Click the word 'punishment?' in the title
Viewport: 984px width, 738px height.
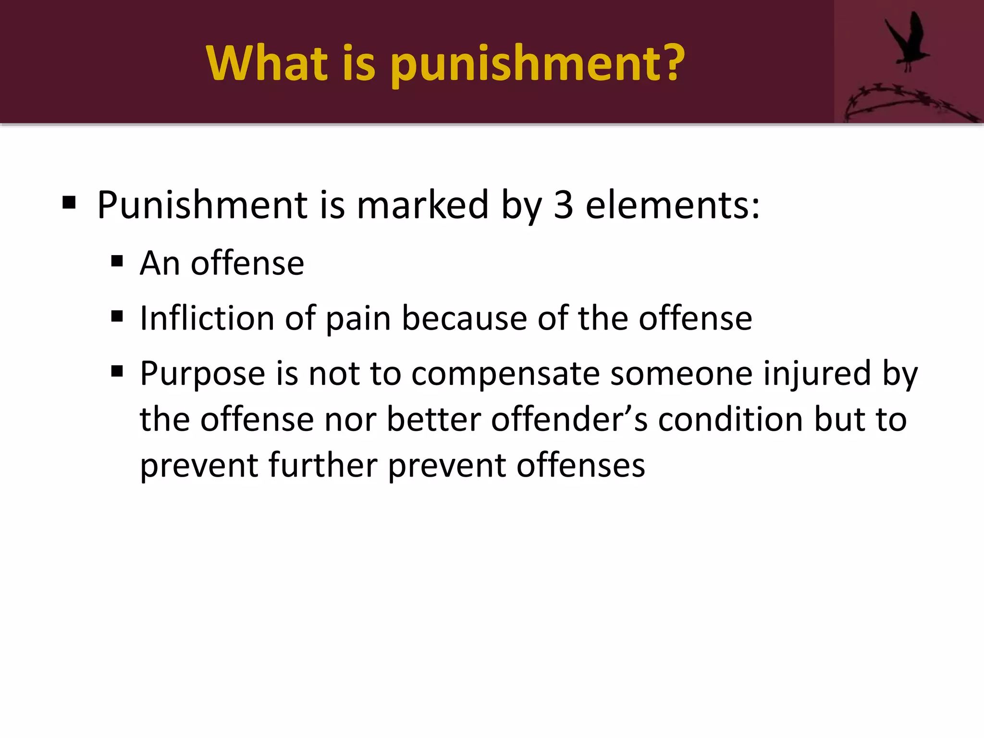(x=538, y=64)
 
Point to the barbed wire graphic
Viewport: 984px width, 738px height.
(x=903, y=103)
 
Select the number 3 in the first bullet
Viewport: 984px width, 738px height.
(x=563, y=205)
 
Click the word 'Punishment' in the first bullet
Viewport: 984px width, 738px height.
(x=202, y=205)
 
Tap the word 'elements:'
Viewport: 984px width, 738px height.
(x=673, y=205)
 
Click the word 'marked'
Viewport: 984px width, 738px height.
(x=423, y=205)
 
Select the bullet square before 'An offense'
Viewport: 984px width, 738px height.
(x=117, y=262)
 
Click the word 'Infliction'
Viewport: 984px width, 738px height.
(x=207, y=318)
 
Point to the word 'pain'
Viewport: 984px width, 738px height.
(x=358, y=319)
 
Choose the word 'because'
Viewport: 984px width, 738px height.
(x=464, y=318)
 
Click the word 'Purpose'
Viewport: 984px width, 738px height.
(x=202, y=374)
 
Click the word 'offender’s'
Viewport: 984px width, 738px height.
(x=569, y=419)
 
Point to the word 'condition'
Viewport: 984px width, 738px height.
(x=730, y=419)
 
